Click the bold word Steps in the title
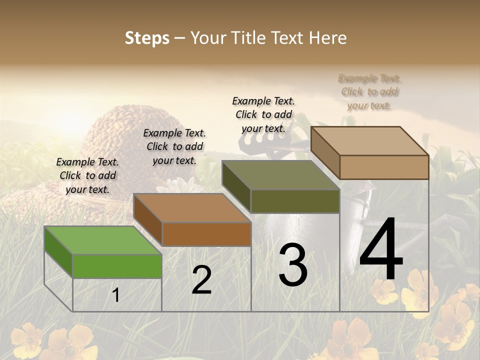point(147,38)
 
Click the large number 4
point(381,250)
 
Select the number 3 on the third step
point(293,265)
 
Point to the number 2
point(201,280)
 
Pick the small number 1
point(115,295)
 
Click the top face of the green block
point(102,240)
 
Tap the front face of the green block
point(117,266)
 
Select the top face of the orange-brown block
point(192,208)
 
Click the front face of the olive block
point(295,201)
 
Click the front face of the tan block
point(384,167)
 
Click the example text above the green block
point(87,175)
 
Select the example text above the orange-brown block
point(174,146)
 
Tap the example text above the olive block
point(263,114)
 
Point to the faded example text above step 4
point(369,91)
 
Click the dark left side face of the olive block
point(236,186)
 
